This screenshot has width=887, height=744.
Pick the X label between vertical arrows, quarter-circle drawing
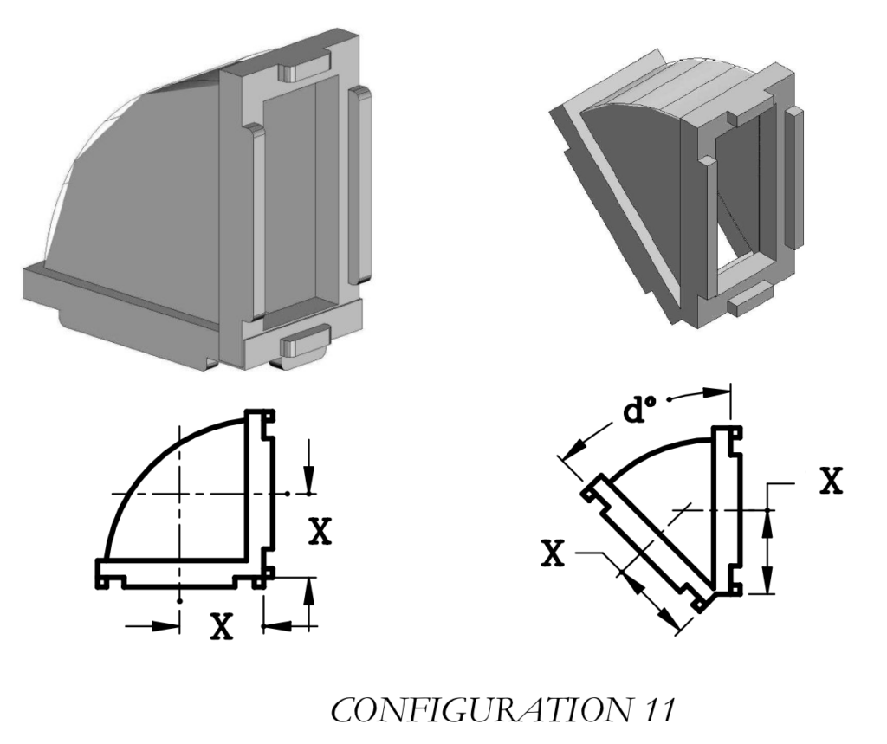[x=320, y=532]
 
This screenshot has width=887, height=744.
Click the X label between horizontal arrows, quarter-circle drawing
[x=223, y=626]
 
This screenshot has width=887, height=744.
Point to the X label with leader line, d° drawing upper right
[x=830, y=482]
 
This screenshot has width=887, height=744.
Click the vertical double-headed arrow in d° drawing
[x=767, y=550]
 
